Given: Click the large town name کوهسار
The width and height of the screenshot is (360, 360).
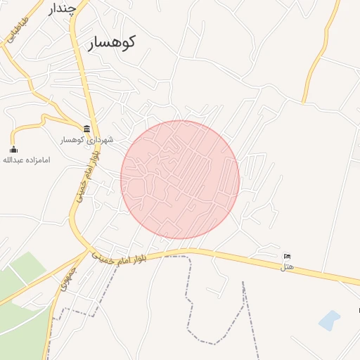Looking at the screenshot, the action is point(111,42).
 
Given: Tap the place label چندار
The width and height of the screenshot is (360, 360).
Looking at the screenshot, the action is point(61,9).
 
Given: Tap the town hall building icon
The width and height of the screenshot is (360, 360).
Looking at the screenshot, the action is point(86,128).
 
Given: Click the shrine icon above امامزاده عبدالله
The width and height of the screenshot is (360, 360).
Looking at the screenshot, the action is point(13,148).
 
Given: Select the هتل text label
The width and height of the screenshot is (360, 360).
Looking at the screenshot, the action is point(286,266).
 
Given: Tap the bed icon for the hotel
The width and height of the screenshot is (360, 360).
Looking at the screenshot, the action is point(287,257).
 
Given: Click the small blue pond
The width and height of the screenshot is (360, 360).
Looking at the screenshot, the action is point(329,321).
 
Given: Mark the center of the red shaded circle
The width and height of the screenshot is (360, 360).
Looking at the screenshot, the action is point(180,179).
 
